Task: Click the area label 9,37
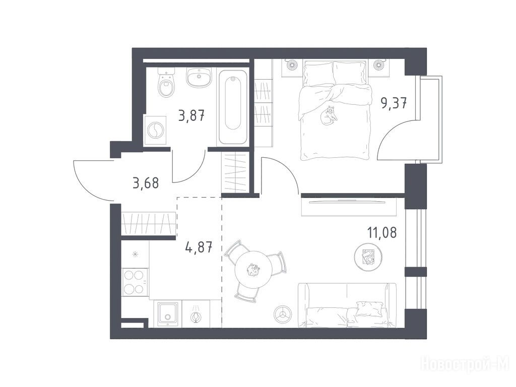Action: point(394,103)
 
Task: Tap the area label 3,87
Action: point(191,116)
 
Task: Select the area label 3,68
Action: point(146,183)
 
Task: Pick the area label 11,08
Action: point(382,232)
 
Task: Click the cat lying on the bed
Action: point(329,115)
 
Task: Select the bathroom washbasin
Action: point(199,78)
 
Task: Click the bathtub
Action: point(233,107)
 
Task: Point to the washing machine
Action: point(155,130)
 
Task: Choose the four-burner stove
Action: point(135,282)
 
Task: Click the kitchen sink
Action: point(168,314)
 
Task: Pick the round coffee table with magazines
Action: point(368,256)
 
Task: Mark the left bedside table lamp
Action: point(292,65)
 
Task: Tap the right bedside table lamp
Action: point(379,65)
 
